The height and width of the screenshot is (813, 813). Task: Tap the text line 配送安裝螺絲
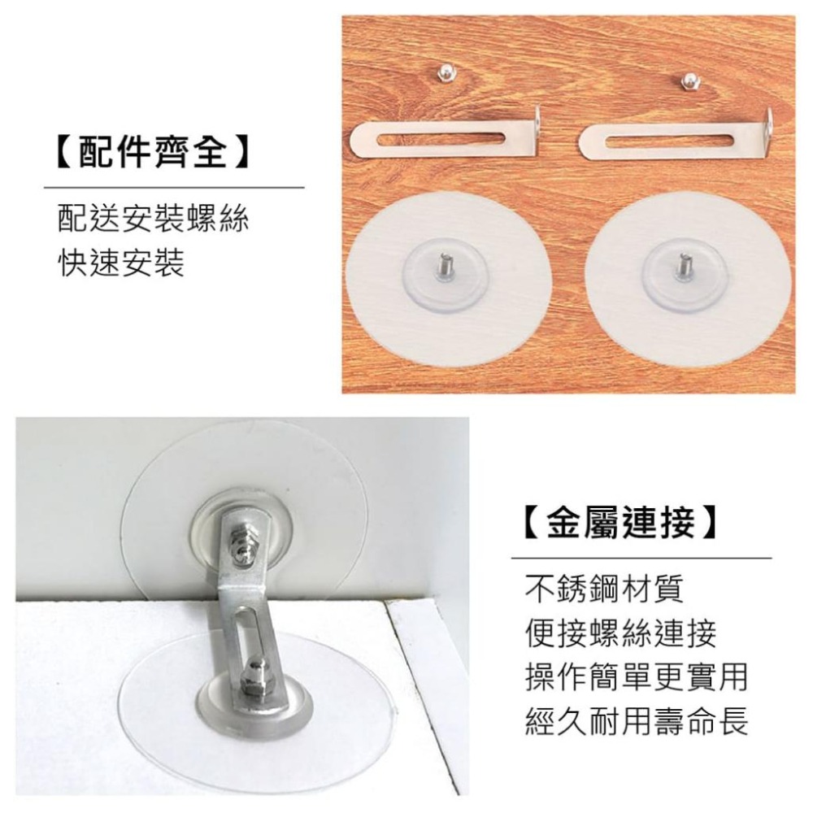(153, 218)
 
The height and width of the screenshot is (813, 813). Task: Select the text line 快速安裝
(121, 263)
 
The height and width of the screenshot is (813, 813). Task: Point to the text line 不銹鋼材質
(604, 588)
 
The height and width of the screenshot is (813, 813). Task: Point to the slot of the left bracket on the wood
(441, 139)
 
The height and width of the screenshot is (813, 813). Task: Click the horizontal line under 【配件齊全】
(174, 187)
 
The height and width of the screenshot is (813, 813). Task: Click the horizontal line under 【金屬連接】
(642, 559)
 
